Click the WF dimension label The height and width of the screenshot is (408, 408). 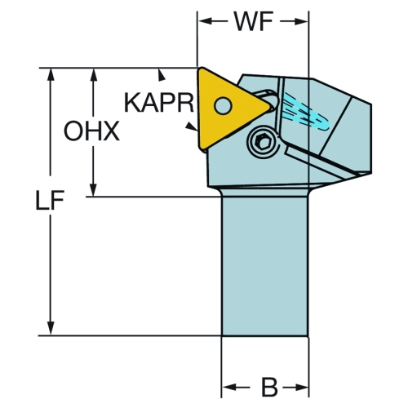coord(254,22)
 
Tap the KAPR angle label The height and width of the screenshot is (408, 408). coord(159,103)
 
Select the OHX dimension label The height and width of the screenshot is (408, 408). coord(91,131)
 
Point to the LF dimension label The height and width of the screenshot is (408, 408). coord(50,201)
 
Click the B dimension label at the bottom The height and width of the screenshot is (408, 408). coord(269,387)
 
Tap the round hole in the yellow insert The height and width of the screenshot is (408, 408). coord(223,105)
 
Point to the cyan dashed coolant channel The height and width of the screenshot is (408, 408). coord(306,113)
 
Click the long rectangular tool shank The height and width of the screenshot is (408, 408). coord(265,266)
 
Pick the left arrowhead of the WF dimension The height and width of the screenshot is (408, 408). coord(206,21)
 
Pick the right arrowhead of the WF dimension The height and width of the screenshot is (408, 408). coord(301,21)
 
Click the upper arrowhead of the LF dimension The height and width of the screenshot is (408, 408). coord(51,74)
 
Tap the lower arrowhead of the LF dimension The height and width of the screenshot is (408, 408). coord(51,328)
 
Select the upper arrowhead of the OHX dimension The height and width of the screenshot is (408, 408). coord(94,74)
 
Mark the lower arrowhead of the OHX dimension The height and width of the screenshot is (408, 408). coord(93,189)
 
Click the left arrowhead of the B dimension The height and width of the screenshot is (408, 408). coord(229,387)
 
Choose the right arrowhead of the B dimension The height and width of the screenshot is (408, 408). coord(301,387)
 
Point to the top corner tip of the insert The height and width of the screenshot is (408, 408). coord(201,68)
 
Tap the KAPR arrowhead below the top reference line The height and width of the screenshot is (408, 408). coord(162,75)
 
